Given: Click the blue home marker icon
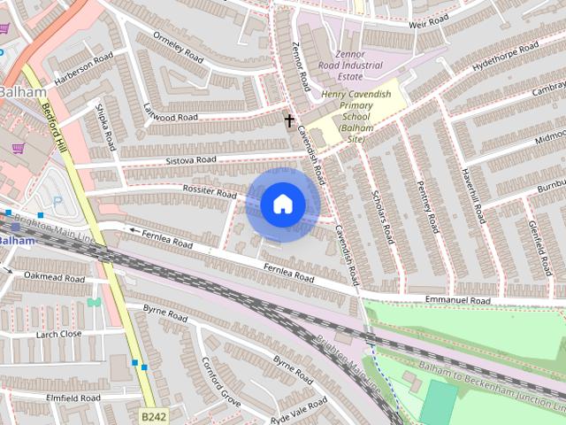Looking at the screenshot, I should coord(282,204).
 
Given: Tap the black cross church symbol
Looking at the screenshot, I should coord(288,119).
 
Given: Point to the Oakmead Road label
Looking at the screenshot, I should coord(56,278).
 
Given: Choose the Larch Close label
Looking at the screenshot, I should coord(58,334).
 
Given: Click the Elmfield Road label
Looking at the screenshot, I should coord(70,398).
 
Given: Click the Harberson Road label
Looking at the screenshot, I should coord(84,69).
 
